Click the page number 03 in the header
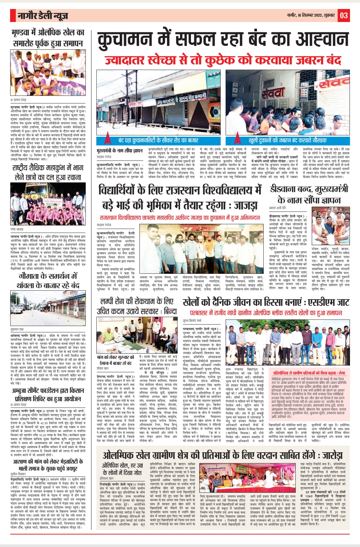(x=344, y=15)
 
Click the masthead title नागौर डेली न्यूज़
(x=43, y=16)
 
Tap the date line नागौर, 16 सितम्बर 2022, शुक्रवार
(x=311, y=15)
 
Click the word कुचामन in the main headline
(x=127, y=40)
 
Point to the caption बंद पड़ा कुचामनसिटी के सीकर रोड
(x=158, y=140)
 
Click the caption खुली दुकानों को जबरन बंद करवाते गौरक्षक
(x=287, y=140)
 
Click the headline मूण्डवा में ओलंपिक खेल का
(x=48, y=33)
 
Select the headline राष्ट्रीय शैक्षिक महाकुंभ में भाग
(x=48, y=167)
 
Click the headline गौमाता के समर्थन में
(x=48, y=277)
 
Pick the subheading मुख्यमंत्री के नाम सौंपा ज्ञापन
(x=119, y=151)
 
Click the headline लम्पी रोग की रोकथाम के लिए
(x=137, y=302)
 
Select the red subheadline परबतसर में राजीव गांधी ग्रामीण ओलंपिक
(x=266, y=313)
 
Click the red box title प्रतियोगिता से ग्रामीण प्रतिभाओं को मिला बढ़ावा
(x=309, y=373)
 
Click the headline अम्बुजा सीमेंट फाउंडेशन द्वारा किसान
(x=48, y=391)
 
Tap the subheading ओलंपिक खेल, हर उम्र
(x=122, y=465)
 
